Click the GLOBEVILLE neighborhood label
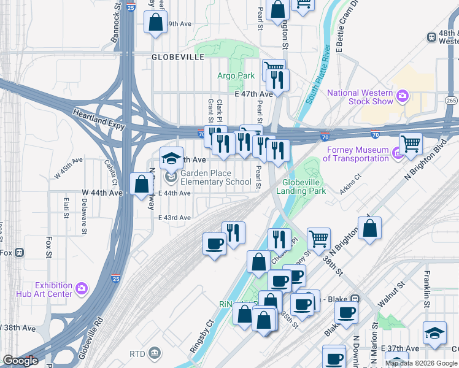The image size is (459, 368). coord(178,56)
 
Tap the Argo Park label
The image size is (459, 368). coord(236,75)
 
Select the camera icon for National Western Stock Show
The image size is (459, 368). coord(403,95)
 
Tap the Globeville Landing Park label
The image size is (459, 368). coord(301,186)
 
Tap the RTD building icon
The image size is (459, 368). coord(154,353)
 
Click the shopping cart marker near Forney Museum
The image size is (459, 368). coord(411,144)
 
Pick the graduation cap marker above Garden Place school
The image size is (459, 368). coord(172,158)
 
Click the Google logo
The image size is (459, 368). coord(20,361)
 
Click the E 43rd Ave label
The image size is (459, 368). coord(175,218)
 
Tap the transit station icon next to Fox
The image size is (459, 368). coord(20,253)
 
